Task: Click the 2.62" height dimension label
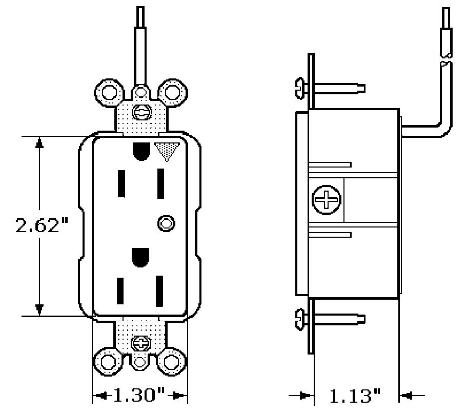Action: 42,225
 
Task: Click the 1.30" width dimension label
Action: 138,395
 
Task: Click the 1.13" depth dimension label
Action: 355,396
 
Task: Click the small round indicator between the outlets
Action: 166,223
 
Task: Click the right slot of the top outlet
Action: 160,183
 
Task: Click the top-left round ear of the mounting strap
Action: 109,92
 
